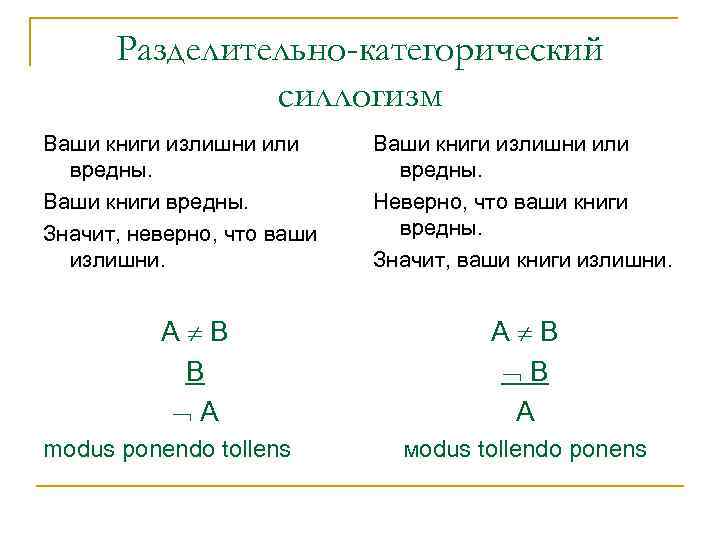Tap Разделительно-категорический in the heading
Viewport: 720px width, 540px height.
click(360, 49)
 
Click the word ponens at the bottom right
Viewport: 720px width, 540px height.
click(611, 449)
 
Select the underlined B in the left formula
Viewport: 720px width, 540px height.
click(195, 372)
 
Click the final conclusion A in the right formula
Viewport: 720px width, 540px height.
click(525, 410)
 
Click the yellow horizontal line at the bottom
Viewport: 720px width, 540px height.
click(359, 486)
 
